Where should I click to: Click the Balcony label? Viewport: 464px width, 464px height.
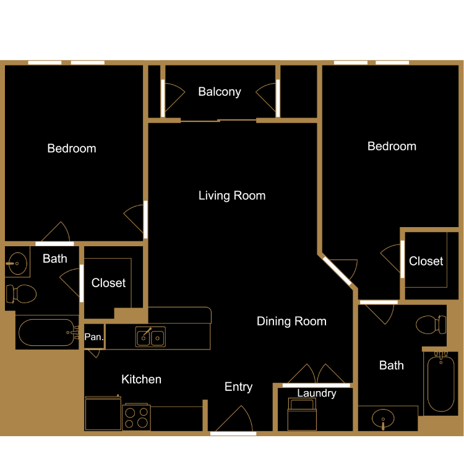(220, 92)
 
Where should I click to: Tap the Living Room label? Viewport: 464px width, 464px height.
(232, 196)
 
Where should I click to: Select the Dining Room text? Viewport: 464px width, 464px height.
(291, 321)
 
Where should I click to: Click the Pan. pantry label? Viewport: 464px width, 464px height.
(93, 337)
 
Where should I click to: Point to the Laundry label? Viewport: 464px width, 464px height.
(317, 393)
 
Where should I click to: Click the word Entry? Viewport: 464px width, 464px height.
(238, 387)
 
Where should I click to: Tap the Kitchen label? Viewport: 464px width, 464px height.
(141, 379)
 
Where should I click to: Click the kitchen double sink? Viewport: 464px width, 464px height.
(151, 337)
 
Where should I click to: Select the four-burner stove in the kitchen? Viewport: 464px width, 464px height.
(137, 418)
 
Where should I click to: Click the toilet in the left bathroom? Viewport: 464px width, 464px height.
(21, 293)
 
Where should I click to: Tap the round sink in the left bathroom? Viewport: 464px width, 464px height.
(19, 264)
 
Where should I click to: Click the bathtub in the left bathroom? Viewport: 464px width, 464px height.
(46, 333)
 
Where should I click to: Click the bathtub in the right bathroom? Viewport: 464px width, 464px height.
(440, 382)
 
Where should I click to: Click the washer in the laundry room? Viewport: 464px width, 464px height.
(303, 414)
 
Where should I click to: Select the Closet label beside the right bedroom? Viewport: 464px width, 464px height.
(426, 262)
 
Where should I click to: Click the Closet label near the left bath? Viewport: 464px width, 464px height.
(108, 283)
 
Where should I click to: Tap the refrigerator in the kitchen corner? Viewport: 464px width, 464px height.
(103, 414)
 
